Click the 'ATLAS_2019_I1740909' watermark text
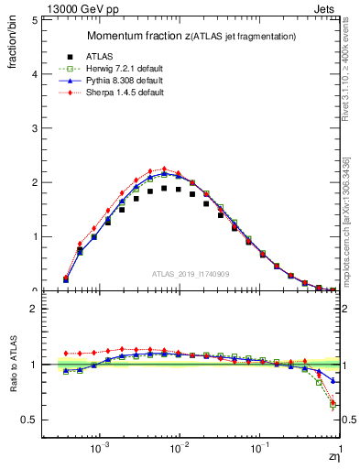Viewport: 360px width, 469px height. pos(190,274)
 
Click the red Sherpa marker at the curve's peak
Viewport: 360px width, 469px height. pos(164,169)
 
